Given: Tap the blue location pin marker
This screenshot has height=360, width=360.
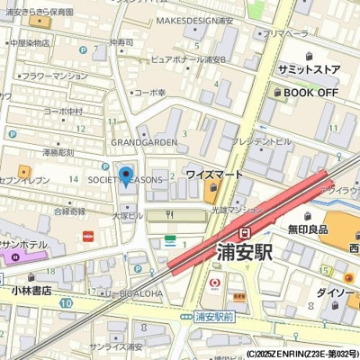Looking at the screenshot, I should click(126, 175).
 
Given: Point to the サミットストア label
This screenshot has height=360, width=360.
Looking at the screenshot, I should click(310, 69).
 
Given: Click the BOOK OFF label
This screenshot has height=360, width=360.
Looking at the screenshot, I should click(311, 92).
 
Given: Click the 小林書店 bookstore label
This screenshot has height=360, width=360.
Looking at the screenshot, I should click(31, 291).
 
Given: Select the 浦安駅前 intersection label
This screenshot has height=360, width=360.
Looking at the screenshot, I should click(216, 317).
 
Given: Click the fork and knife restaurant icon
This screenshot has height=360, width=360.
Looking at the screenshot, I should click(169, 216).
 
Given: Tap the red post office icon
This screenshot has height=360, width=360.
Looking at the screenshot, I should click(87, 236).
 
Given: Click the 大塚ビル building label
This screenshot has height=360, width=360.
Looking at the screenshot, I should click(127, 216).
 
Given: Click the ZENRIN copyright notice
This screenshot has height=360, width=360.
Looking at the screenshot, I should click(301, 354).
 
